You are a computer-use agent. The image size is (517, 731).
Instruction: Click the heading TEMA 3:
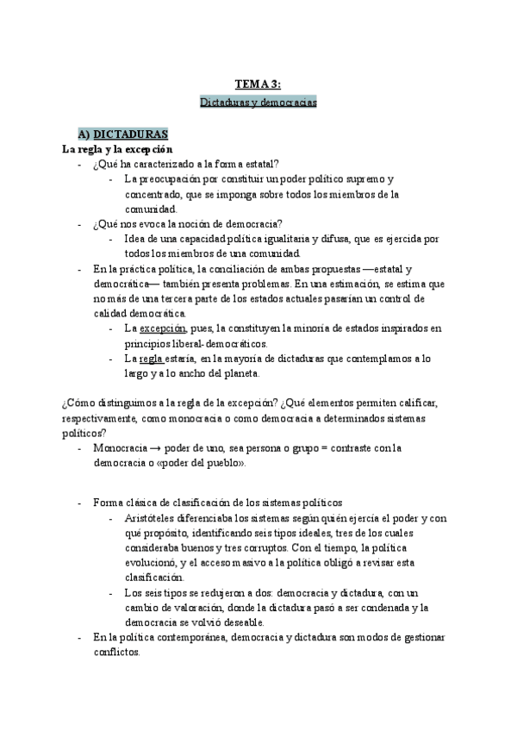pos(258,84)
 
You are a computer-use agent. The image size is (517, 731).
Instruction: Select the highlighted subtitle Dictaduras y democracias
pos(258,102)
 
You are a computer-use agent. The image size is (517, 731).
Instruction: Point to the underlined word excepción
pos(163,328)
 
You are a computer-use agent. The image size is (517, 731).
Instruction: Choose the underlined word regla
pos(153,359)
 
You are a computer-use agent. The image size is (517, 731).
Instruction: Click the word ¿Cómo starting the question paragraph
pos(78,403)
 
